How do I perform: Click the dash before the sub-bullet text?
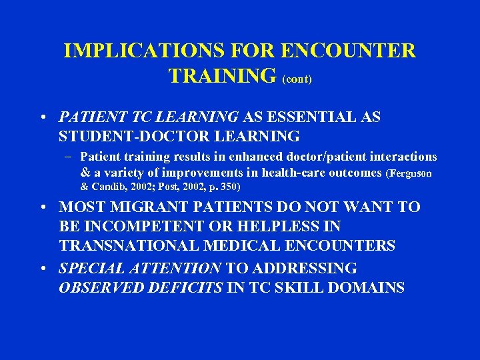(x=69, y=157)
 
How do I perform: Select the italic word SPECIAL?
(x=91, y=269)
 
